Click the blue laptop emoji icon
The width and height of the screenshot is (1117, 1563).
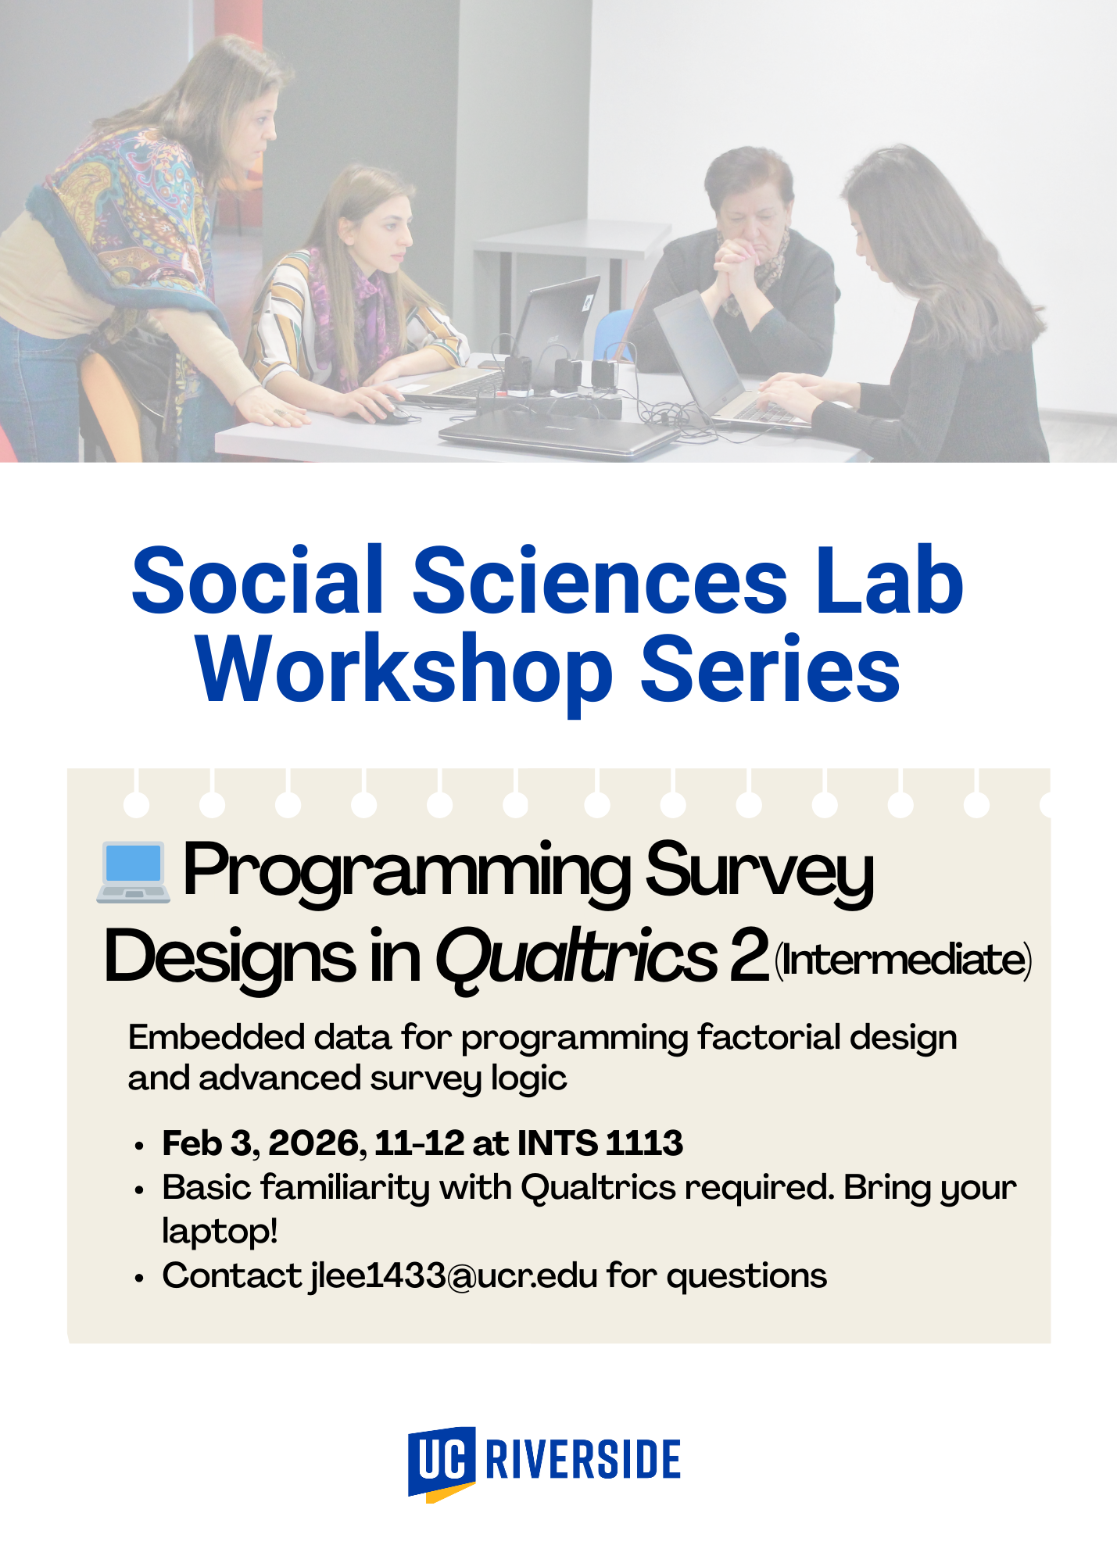coord(133,872)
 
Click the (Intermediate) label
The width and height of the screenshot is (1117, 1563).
coord(903,960)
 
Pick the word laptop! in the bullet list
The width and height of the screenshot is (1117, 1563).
coord(220,1232)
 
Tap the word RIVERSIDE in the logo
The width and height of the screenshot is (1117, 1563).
coord(582,1459)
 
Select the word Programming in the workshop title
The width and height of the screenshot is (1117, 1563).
coord(406,872)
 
